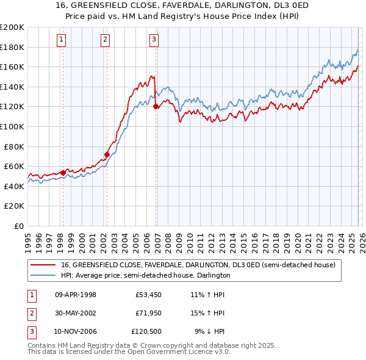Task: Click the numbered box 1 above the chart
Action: pos(62,40)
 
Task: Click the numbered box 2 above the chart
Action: pos(106,40)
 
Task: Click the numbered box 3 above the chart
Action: pos(154,40)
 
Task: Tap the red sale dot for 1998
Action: pos(63,173)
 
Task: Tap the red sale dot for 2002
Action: pos(107,154)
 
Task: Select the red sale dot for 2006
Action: pos(156,106)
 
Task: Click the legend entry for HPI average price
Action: pos(145,275)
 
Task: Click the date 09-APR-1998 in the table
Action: pos(76,295)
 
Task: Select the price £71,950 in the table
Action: pos(148,313)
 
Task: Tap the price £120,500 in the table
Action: pos(146,331)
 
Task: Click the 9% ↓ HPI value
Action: pos(209,331)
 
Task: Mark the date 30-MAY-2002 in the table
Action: pos(76,313)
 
